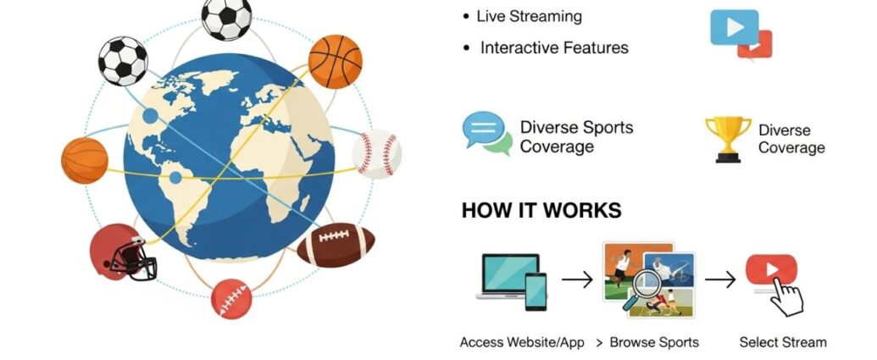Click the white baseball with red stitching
pyautogui.click(x=377, y=153)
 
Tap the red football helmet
pyautogui.click(x=123, y=252)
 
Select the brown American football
pyautogui.click(x=336, y=245)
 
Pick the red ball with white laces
pyautogui.click(x=231, y=298)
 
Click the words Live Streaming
pyautogui.click(x=529, y=17)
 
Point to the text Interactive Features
pyautogui.click(x=554, y=48)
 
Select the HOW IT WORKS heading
pyautogui.click(x=541, y=211)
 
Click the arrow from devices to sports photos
pyautogui.click(x=576, y=279)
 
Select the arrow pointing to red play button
pyautogui.click(x=721, y=279)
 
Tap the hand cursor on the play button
pyautogui.click(x=787, y=296)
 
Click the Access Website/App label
pyautogui.click(x=522, y=342)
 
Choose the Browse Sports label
pyautogui.click(x=655, y=342)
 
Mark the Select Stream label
pyautogui.click(x=783, y=342)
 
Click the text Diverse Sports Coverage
pyautogui.click(x=576, y=137)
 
